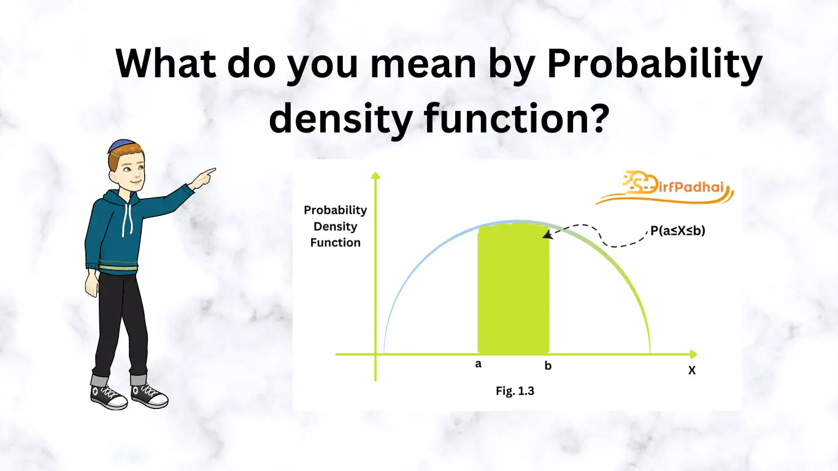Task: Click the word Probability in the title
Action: click(655, 63)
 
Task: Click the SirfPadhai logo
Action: click(664, 188)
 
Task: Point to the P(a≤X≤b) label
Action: click(678, 231)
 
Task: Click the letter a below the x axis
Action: click(478, 364)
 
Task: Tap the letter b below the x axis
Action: click(548, 365)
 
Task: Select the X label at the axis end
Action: click(692, 370)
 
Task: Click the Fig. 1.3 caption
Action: click(515, 391)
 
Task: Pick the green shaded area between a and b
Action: click(513, 288)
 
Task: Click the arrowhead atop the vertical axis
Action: click(375, 175)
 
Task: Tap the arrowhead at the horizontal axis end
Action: click(693, 354)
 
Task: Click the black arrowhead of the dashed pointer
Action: click(547, 234)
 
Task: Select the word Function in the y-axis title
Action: click(335, 243)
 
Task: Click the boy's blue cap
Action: click(122, 145)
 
